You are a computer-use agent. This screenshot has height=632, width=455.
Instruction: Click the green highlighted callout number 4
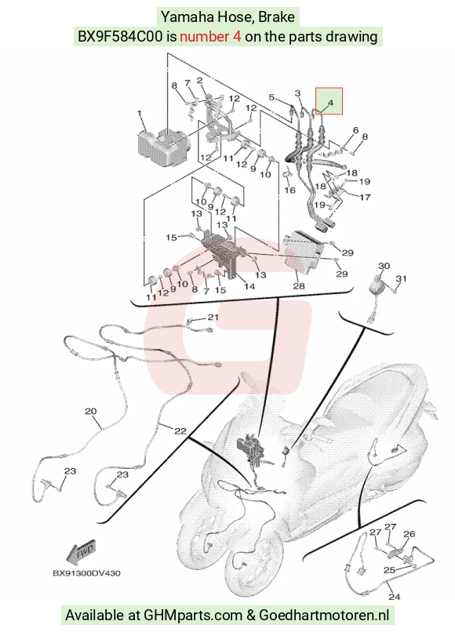[x=331, y=103]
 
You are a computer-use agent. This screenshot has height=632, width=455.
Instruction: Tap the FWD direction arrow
[x=81, y=551]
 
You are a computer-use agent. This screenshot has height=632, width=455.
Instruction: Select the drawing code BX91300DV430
[x=86, y=572]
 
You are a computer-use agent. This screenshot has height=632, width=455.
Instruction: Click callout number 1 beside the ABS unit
[x=140, y=113]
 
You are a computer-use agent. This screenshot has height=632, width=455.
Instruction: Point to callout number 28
[x=298, y=286]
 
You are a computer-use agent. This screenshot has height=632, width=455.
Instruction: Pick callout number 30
[x=384, y=266]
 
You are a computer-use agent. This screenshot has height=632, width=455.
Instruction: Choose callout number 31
[x=401, y=278]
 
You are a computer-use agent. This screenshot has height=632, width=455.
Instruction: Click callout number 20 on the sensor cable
[x=91, y=412]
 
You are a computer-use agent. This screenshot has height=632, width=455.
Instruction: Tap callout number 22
[x=180, y=430]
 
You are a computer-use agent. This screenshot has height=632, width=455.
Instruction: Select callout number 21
[x=213, y=318]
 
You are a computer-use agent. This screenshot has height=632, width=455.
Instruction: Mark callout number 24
[x=394, y=596]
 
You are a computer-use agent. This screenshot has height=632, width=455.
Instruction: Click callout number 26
[x=409, y=534]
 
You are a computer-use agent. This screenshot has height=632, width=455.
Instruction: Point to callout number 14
[x=249, y=286]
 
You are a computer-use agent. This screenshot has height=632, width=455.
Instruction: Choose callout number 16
[x=289, y=190]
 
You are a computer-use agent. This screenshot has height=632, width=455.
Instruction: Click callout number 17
[x=365, y=197]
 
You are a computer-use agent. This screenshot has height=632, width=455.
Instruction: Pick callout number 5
[x=271, y=97]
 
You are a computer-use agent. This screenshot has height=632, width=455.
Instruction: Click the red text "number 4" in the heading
[x=210, y=37]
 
